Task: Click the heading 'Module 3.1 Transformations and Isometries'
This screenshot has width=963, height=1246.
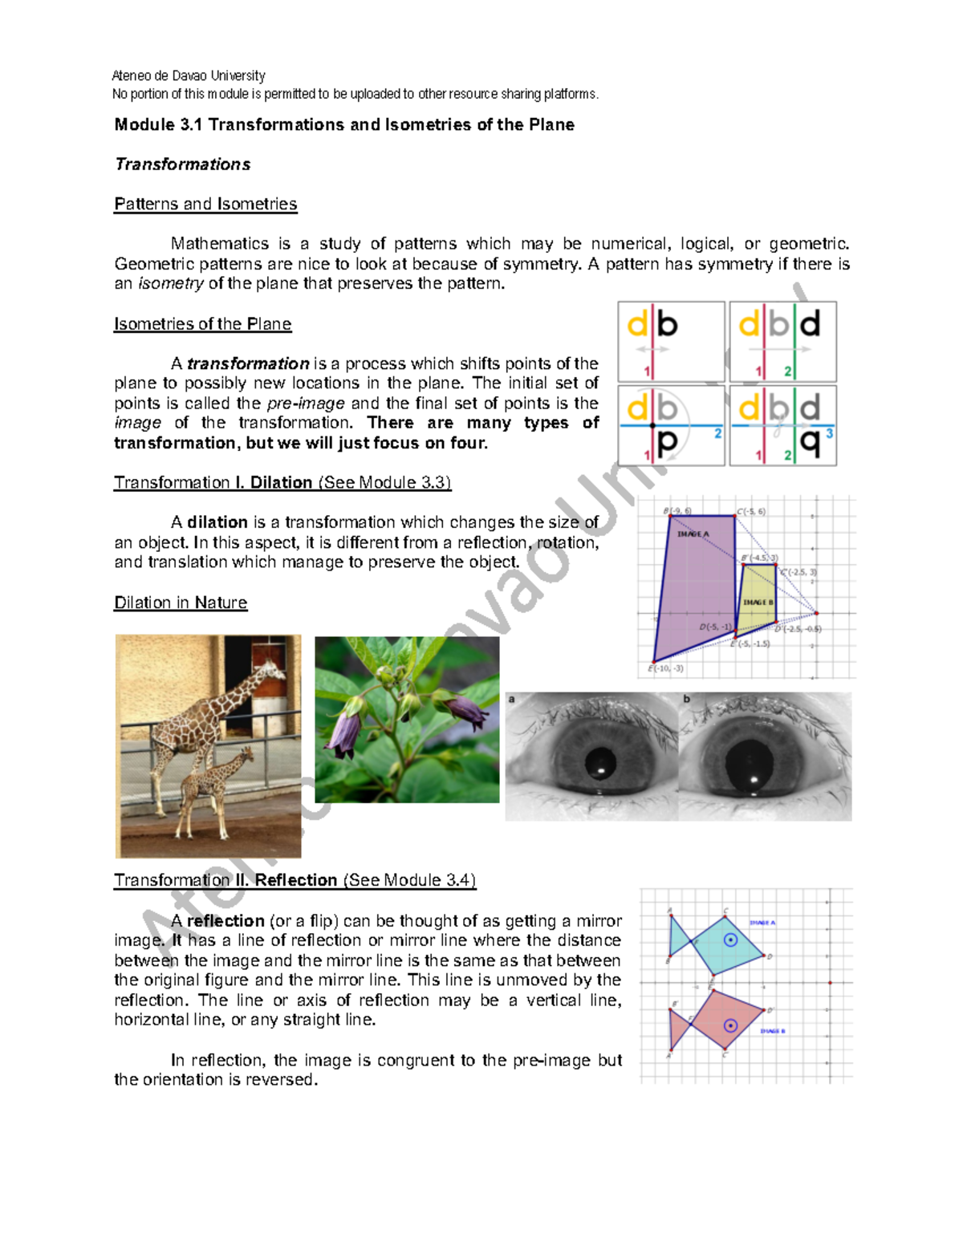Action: [x=343, y=124]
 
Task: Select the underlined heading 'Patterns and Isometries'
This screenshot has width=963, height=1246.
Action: [x=205, y=204]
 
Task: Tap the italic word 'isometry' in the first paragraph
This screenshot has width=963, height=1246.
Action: [x=171, y=283]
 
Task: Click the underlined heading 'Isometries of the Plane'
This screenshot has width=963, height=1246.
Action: [x=202, y=324]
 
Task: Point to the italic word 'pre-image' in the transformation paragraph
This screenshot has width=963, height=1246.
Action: [x=306, y=404]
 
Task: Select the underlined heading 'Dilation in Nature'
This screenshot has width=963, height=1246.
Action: [x=181, y=603]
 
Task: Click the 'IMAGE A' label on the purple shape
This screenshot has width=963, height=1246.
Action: [x=693, y=534]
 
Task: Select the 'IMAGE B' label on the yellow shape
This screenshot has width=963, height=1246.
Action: [x=758, y=602]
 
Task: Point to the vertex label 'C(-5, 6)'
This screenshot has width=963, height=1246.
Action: [x=752, y=511]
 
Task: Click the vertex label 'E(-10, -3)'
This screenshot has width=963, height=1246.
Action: [x=666, y=668]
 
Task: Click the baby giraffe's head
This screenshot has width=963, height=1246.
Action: [x=246, y=755]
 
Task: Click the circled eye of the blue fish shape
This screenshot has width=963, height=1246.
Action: [x=730, y=940]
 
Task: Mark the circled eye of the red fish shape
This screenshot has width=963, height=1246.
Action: [x=730, y=1025]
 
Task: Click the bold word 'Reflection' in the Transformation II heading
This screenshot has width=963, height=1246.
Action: [x=295, y=880]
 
